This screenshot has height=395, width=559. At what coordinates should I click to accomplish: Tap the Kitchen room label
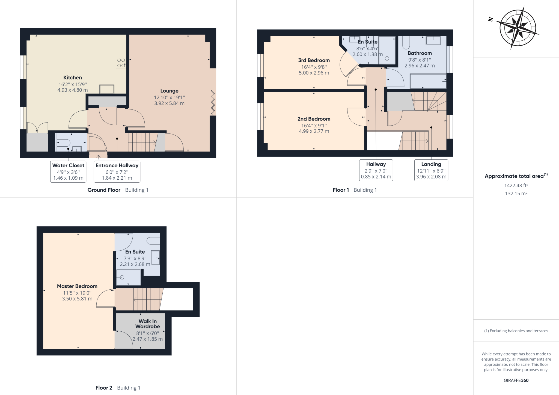point(73,78)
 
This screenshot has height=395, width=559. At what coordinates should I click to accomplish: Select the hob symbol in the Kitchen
point(121,63)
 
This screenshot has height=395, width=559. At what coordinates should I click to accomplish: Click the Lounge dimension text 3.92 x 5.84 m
point(169,103)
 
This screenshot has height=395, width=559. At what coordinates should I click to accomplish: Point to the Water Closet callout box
point(68,171)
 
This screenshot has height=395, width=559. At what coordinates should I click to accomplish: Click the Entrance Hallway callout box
point(117,171)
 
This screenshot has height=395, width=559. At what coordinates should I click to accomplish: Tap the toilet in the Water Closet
point(64,142)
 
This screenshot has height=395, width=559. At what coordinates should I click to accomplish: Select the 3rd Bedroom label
point(314,60)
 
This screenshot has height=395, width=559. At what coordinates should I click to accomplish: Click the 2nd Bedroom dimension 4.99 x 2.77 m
point(314,131)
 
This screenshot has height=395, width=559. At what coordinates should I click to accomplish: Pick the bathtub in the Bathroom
point(428,81)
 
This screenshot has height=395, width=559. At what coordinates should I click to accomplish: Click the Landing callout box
point(431,170)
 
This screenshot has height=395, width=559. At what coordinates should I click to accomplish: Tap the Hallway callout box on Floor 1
point(376,170)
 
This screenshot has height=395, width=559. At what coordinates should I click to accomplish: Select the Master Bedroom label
point(77,286)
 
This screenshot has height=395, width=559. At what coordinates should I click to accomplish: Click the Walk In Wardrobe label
point(147,324)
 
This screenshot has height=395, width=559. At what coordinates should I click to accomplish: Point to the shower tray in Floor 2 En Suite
point(128,277)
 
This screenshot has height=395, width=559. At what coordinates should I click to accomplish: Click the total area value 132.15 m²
point(516,194)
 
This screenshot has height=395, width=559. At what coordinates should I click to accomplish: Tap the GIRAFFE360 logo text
point(516,380)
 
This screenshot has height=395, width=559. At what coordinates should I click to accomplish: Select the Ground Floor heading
point(104,190)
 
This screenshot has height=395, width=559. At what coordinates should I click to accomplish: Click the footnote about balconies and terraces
point(516,331)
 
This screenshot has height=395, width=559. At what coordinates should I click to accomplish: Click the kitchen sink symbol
point(107,89)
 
